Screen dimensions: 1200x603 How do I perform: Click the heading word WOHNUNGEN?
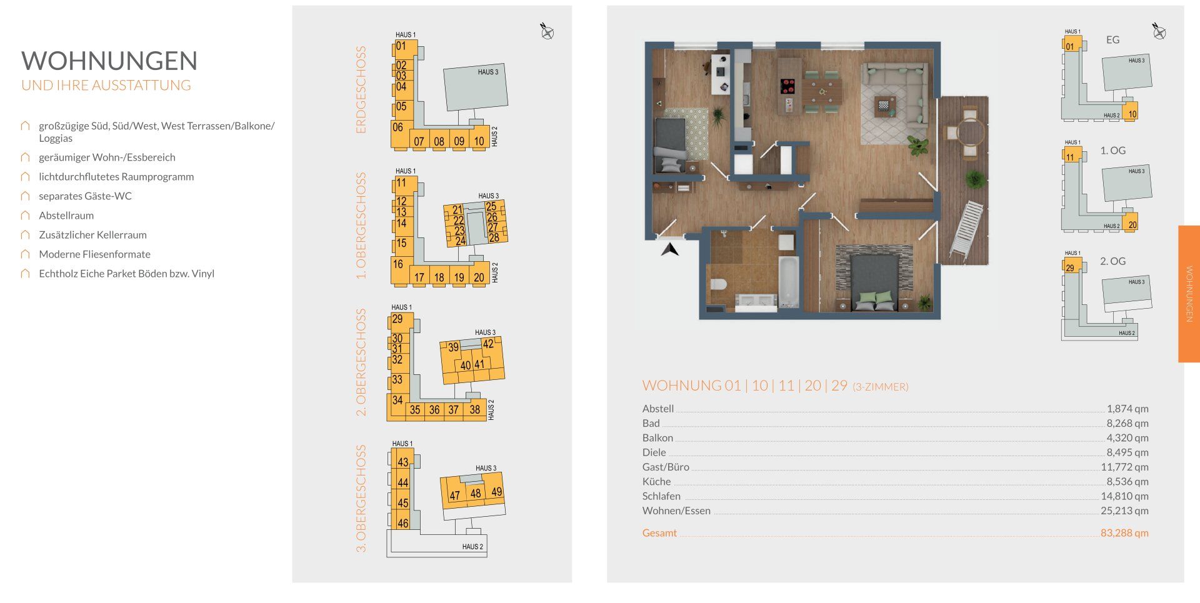pos(109,61)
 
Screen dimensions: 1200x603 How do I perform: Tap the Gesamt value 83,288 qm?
pos(1124,533)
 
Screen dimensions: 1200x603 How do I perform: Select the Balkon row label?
pos(657,438)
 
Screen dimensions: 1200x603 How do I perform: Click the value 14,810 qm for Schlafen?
pos(1124,496)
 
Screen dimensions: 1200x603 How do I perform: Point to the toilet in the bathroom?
pos(718,284)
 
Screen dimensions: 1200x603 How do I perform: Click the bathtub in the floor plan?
pos(789,281)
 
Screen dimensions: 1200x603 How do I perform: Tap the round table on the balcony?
pos(971,132)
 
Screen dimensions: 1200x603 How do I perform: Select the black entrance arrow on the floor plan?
pos(670,249)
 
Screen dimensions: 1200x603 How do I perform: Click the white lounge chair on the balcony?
pos(966,228)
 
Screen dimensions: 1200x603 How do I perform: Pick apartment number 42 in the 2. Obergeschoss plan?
pos(488,344)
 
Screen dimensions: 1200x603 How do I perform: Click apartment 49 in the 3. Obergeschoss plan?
pos(496,492)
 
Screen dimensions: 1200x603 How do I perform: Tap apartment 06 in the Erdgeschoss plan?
pos(397,127)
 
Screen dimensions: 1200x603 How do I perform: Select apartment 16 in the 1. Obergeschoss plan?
pos(397,264)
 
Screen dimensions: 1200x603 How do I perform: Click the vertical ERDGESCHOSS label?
pos(361,89)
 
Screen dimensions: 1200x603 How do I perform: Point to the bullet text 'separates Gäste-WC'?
pos(85,196)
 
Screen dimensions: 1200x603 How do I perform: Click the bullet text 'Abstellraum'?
pos(66,216)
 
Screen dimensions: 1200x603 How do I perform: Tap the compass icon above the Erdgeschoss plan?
pos(547,31)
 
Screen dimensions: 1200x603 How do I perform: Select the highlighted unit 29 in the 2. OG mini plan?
pos(1070,267)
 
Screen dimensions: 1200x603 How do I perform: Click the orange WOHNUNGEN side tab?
pos(1189,294)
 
